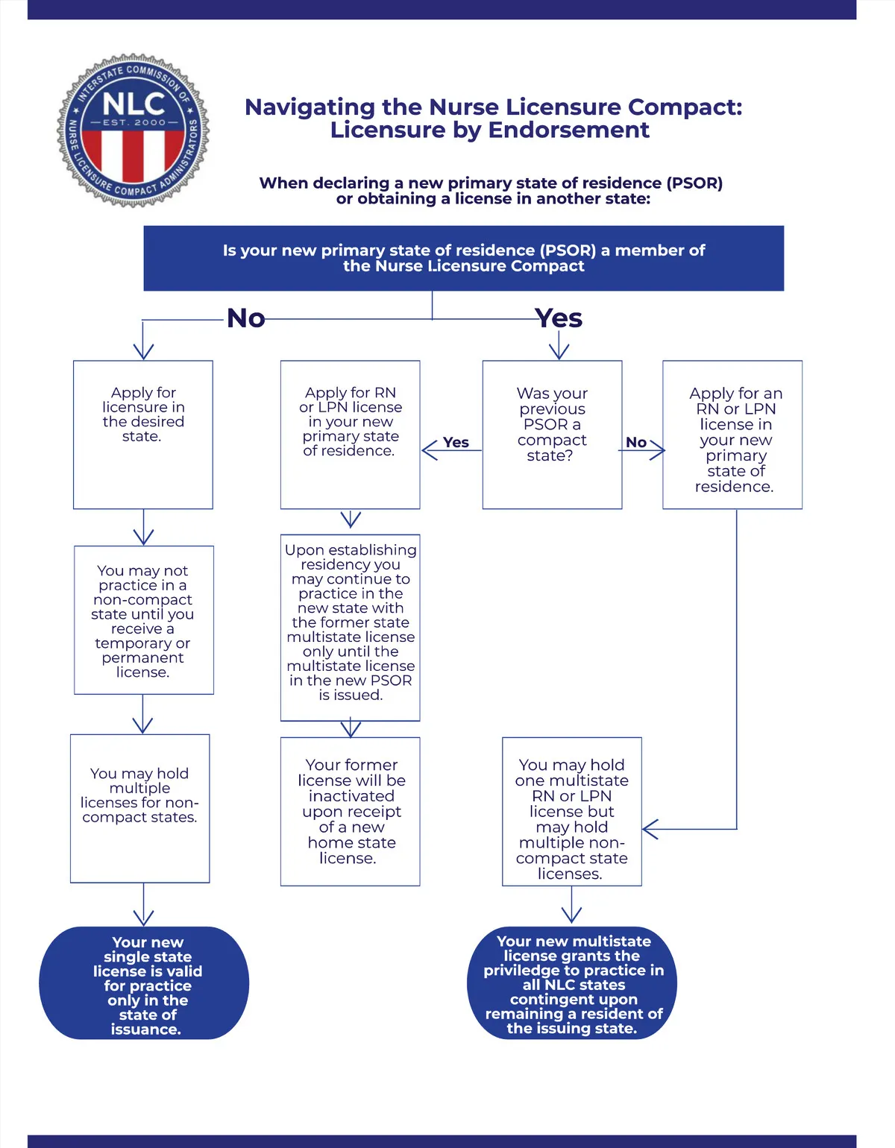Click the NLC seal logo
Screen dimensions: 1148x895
(134, 130)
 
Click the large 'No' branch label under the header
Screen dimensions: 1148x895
(245, 318)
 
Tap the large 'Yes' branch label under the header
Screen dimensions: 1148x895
(559, 318)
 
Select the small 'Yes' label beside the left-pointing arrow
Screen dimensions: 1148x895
(456, 442)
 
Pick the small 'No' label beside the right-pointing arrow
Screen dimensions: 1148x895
(636, 442)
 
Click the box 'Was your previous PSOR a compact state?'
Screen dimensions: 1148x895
(552, 435)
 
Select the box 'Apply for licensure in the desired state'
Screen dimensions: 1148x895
(143, 435)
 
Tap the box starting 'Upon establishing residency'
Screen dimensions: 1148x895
(350, 627)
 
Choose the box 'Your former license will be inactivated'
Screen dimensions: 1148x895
(350, 811)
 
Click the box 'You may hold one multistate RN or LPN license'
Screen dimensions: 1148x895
(571, 811)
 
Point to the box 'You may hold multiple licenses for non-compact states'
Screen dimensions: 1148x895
(139, 808)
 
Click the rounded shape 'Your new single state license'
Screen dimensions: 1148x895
(144, 983)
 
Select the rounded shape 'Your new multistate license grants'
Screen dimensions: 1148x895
(572, 983)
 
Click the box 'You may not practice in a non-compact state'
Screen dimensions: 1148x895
(143, 620)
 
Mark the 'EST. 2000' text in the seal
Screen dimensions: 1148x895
(134, 122)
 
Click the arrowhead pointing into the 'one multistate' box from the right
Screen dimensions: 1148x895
(649, 829)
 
